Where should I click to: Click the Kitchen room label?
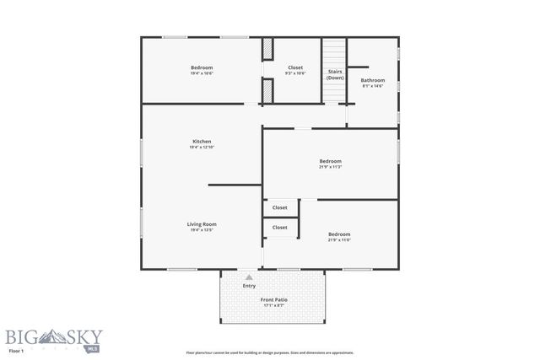point(202,141)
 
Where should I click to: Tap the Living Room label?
point(202,224)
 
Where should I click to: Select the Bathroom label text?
point(373,80)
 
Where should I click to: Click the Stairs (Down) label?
point(335,74)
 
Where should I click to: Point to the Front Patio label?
point(273,299)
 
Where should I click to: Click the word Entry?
point(249,286)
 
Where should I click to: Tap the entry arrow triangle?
point(249,277)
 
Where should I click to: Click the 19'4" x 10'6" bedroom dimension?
point(202,73)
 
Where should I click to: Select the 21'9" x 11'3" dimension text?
point(330,167)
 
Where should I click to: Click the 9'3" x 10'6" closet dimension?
point(295,73)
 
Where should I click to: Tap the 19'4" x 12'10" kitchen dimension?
point(202,148)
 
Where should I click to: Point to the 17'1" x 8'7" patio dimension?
point(273,305)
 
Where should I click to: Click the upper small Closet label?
point(280,207)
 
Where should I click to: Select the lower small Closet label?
point(280,228)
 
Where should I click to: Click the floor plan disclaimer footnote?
point(270,352)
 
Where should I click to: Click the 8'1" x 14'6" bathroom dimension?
point(373,86)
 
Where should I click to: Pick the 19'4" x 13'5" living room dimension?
point(202,231)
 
